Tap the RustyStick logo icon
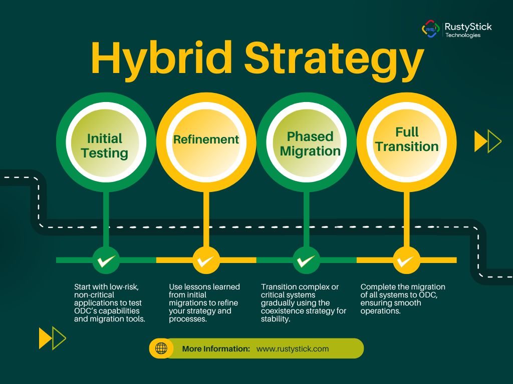430,29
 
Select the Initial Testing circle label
105,145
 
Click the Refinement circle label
206,139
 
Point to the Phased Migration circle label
310,143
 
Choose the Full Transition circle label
407,139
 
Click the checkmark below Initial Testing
106,260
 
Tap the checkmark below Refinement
206,260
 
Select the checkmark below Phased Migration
306,260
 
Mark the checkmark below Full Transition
406,260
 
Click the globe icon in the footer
161,348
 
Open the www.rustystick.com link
293,348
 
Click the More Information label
216,348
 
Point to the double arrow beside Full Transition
488,141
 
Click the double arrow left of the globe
52,338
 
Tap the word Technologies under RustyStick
463,35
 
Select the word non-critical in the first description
94,295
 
